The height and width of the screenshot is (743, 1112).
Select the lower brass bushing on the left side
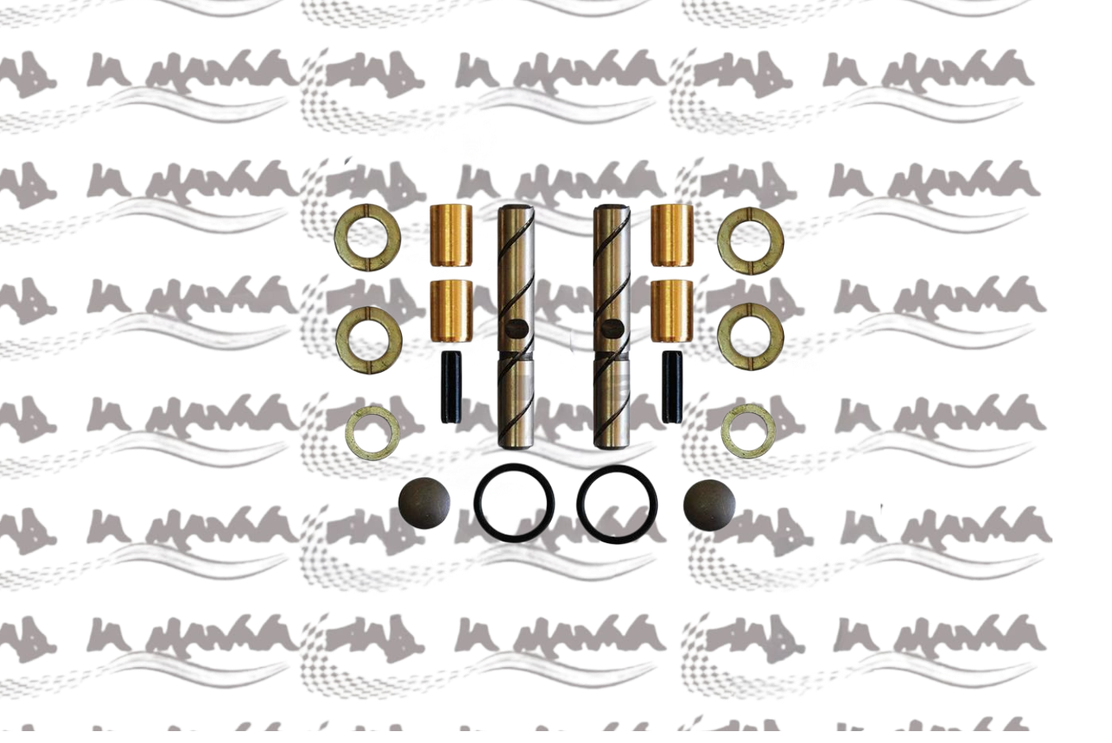[450, 309]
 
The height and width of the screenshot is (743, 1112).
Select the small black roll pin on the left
[445, 387]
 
